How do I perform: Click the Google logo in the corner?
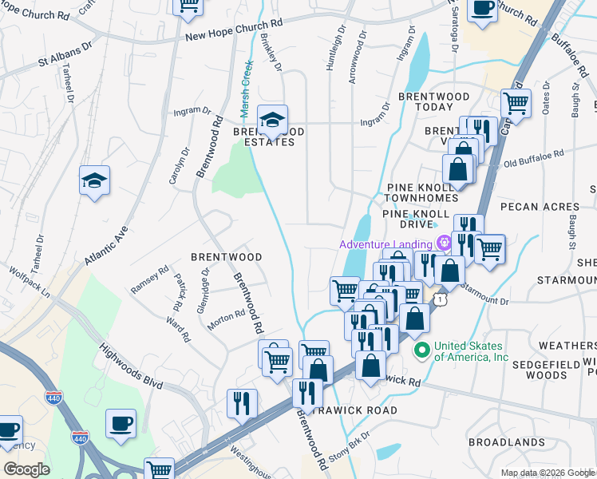(26, 469)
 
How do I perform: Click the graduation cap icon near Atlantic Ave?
(94, 180)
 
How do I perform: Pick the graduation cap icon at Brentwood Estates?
(273, 121)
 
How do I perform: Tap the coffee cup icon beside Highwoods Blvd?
(121, 423)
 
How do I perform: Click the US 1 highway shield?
(440, 298)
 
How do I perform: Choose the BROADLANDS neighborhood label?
(505, 441)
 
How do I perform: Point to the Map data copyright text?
(547, 473)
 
